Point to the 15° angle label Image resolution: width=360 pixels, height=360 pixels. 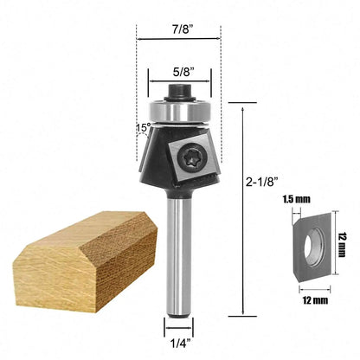pos(143,129)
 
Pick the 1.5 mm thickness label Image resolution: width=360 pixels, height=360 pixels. pos(296,200)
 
